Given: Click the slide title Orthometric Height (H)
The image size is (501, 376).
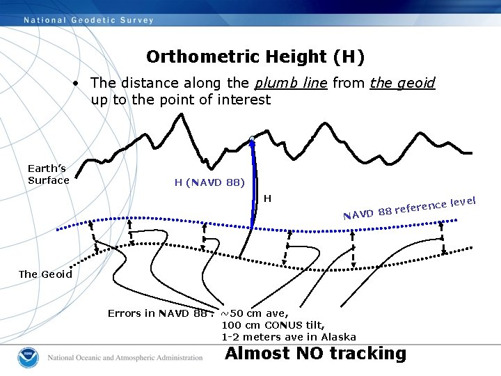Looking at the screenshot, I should [x=255, y=56].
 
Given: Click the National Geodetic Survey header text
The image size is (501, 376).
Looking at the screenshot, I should [x=89, y=20].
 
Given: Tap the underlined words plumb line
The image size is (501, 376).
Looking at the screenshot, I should [x=291, y=84].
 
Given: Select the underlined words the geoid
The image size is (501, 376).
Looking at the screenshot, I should [x=402, y=84].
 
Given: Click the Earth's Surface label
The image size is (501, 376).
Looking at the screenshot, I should [x=48, y=174].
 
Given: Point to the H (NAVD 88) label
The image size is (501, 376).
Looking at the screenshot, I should [x=209, y=183].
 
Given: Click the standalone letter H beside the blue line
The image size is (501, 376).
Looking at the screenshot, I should [x=267, y=199].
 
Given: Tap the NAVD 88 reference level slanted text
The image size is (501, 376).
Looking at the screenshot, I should [x=409, y=207].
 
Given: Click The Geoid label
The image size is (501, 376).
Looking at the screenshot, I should [x=45, y=274].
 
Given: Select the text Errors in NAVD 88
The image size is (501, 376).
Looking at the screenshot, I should [x=157, y=313].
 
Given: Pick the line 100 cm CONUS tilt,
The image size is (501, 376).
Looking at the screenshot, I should [x=273, y=325].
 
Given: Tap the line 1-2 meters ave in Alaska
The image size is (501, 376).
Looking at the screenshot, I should [x=289, y=337].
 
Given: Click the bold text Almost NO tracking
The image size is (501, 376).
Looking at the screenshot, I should [x=315, y=354].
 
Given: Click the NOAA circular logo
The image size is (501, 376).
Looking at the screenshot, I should [x=29, y=357].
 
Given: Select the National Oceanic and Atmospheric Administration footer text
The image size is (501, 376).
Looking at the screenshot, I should [x=125, y=358].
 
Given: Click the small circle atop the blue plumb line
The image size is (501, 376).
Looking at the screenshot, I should [x=252, y=139].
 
